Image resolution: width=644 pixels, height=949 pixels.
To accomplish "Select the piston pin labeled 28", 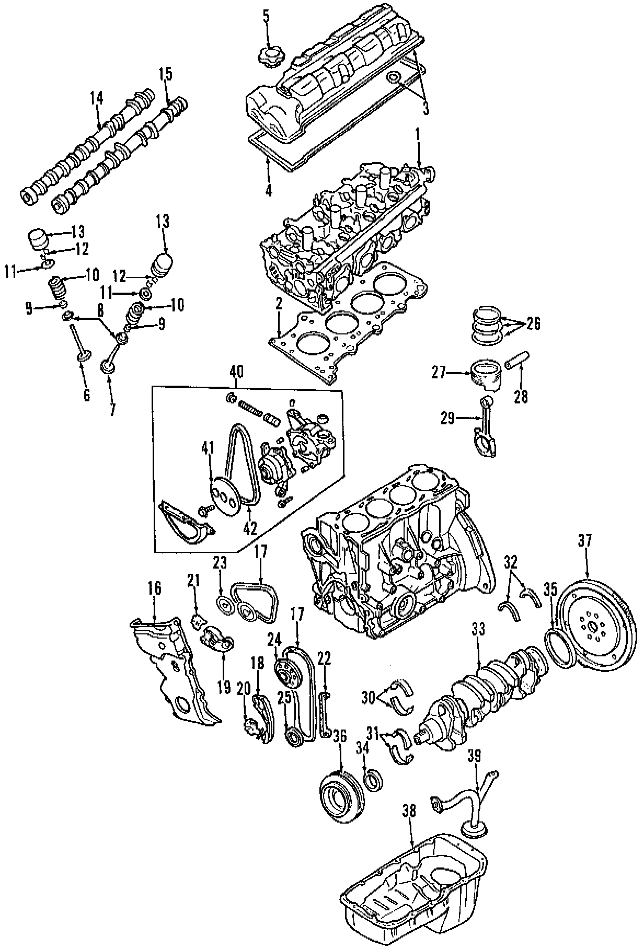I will click(516, 362).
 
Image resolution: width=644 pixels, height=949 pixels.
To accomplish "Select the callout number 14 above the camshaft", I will click(96, 98).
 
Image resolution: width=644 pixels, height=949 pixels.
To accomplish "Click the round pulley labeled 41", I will click(225, 493).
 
